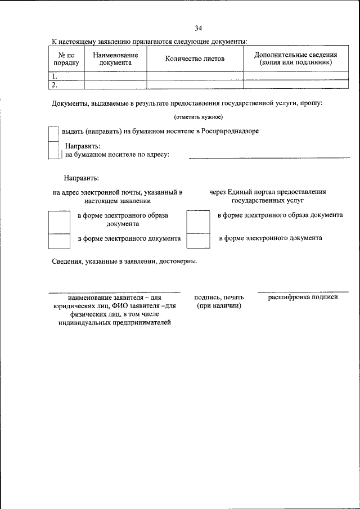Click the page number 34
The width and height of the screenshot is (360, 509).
point(199,28)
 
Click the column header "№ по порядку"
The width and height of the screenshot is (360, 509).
point(66,59)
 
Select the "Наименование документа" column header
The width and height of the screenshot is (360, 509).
point(115,59)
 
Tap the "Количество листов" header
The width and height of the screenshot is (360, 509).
point(195,59)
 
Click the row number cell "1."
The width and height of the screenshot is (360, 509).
point(66,76)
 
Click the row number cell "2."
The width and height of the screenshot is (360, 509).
point(66,85)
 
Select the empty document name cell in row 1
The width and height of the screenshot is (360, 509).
point(115,76)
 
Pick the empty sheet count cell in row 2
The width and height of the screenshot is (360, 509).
point(195,85)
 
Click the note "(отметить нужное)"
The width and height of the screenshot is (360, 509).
point(199,117)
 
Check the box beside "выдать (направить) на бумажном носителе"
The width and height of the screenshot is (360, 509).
point(53,133)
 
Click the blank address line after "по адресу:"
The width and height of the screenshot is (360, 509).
point(269,156)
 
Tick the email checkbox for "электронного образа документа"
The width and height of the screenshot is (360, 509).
point(58,222)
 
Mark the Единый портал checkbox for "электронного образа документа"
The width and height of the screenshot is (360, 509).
point(197,222)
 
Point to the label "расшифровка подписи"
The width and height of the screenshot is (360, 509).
point(303,296)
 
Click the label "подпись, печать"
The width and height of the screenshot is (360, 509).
point(219,297)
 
